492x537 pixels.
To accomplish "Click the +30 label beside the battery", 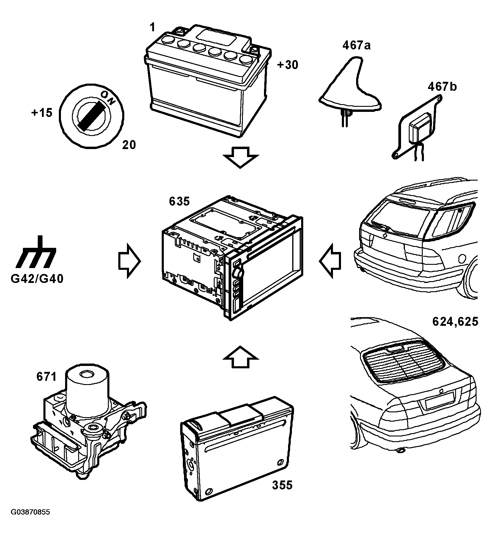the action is (x=287, y=65).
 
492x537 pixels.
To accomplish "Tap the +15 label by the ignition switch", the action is (x=42, y=113).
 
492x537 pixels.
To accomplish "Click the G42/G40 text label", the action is (x=37, y=279).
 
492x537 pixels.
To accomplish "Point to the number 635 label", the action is (x=179, y=201).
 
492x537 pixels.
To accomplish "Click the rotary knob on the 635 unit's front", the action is (x=238, y=272).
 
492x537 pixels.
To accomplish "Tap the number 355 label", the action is (x=282, y=485).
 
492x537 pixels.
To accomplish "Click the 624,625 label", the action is (x=455, y=321).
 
